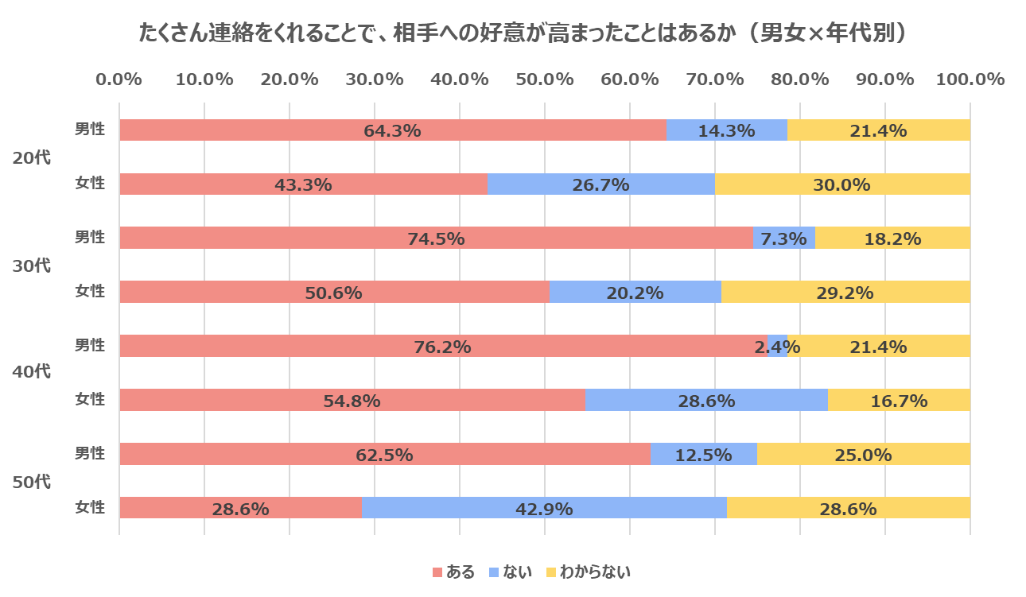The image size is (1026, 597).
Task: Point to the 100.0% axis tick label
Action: click(970, 79)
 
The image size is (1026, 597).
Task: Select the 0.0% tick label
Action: click(119, 79)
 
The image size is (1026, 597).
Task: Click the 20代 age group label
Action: click(32, 157)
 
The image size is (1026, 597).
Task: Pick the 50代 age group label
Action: click(32, 481)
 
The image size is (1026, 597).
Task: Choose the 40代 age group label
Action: click(32, 372)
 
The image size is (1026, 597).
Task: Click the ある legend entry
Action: click(453, 572)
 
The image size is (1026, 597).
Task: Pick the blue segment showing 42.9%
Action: click(544, 508)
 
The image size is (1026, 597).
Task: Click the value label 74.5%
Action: click(436, 238)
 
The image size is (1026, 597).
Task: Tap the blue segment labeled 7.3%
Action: click(783, 238)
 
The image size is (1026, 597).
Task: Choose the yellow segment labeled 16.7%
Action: click(899, 400)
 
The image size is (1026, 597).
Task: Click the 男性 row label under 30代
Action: click(90, 238)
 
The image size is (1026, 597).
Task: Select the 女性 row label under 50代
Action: click(90, 507)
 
